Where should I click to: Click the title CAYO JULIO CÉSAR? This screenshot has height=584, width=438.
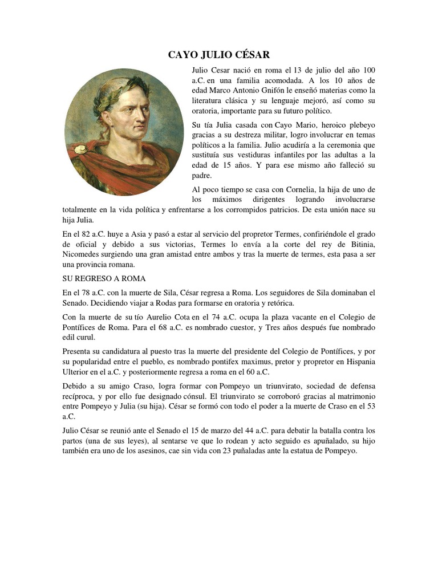(218, 55)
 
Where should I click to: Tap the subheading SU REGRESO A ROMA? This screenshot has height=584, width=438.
(104, 278)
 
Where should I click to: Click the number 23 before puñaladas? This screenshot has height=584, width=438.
(231, 451)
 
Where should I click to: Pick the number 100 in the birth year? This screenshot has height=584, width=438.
(368, 70)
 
